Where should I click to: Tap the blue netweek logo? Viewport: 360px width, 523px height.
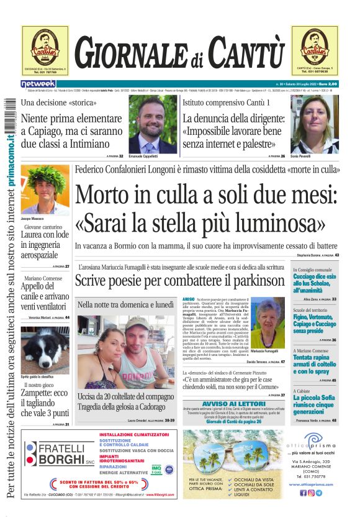(x=38, y=83)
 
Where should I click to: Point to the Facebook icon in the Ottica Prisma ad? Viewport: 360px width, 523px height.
(x=304, y=493)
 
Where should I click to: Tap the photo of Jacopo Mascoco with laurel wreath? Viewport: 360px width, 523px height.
(x=45, y=189)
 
